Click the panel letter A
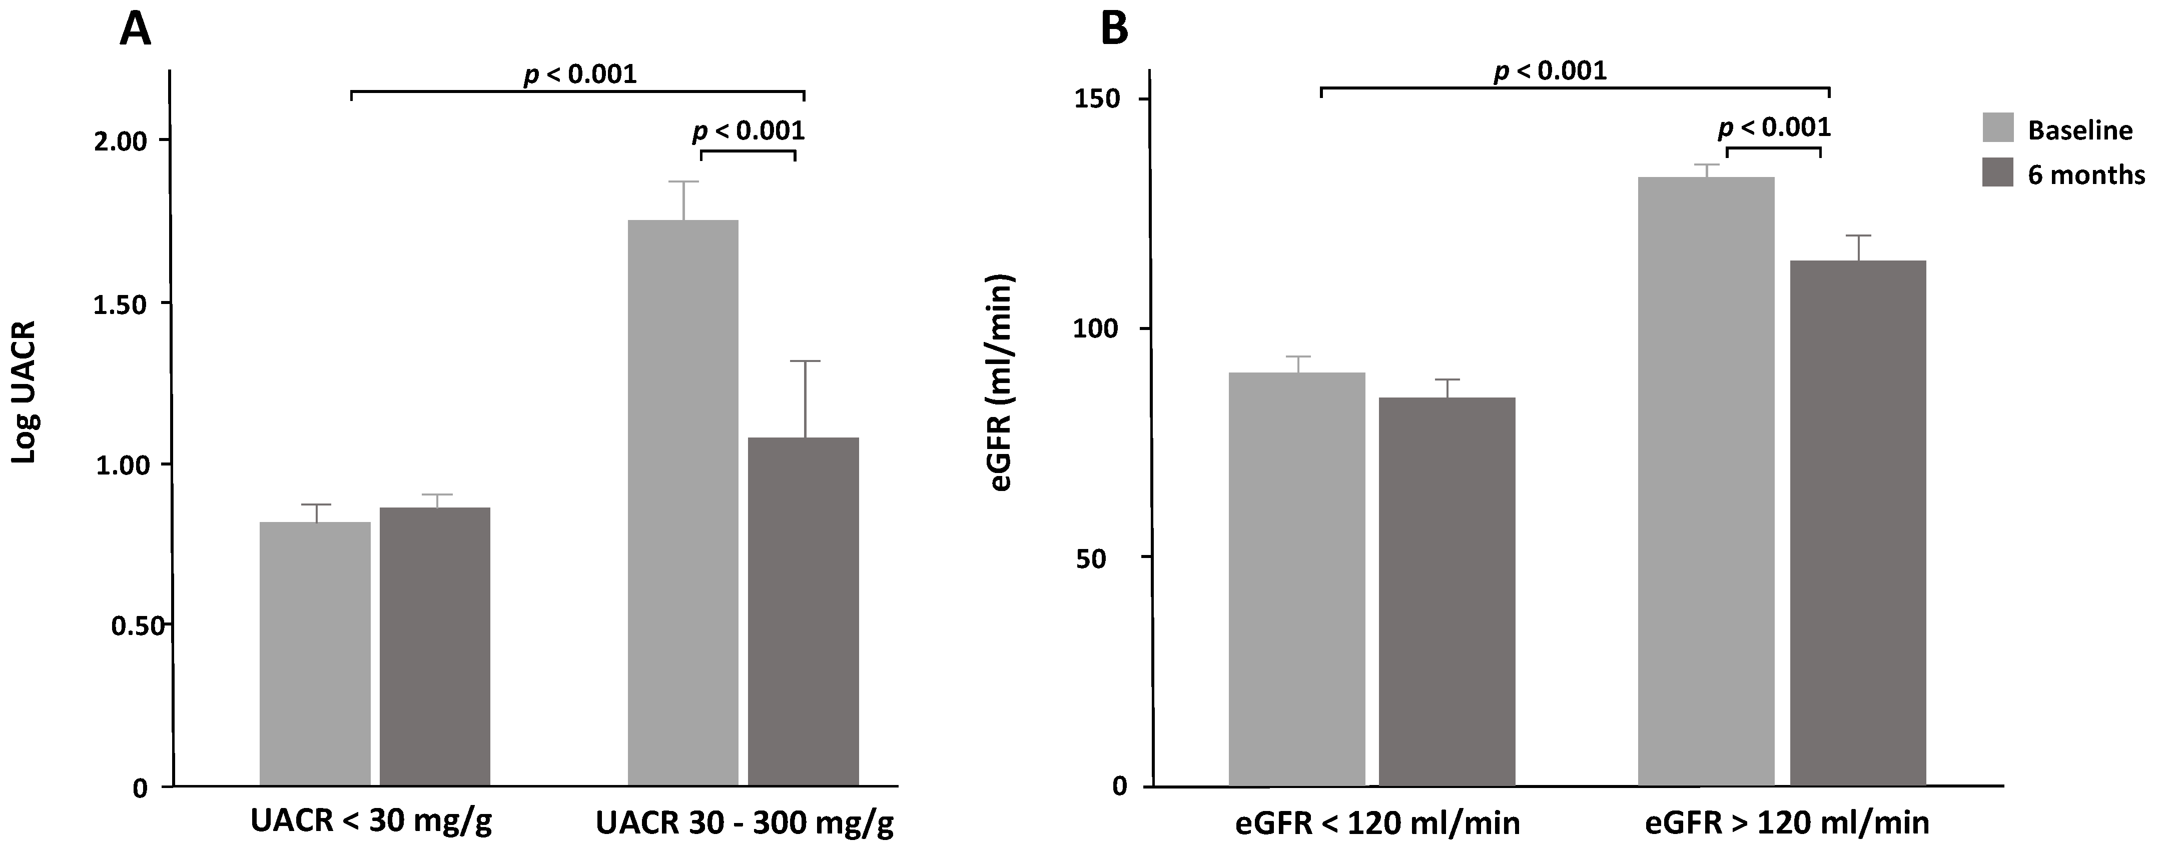136,30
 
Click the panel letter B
1114,30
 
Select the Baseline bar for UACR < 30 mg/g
315,653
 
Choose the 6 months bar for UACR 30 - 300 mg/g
803,611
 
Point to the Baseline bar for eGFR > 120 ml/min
1706,481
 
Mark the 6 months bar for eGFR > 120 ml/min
1858,523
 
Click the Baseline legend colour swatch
1998,128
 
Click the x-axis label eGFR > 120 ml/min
1787,823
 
